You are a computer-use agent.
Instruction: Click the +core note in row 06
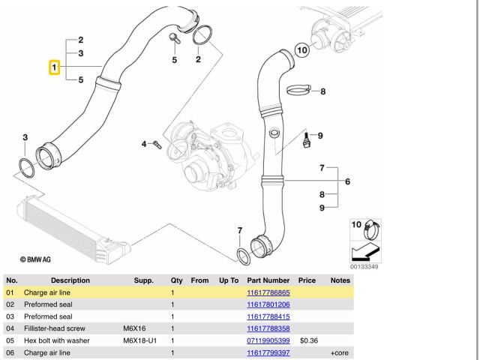[x=336, y=352]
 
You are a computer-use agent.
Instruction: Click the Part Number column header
[x=262, y=280]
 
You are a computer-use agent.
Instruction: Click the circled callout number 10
[x=301, y=51]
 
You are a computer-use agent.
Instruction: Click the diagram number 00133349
[x=364, y=267]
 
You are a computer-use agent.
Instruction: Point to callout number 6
[x=347, y=181]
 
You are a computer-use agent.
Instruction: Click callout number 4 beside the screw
[x=144, y=142]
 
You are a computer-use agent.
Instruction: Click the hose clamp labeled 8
[x=297, y=91]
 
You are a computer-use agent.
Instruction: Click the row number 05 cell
[x=10, y=340]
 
